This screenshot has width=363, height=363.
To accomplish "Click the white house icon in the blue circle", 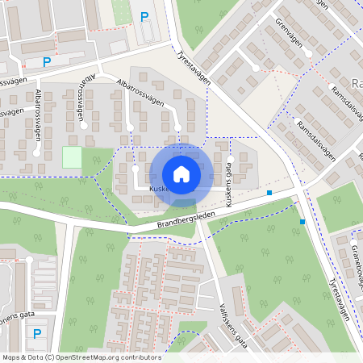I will click(181, 173).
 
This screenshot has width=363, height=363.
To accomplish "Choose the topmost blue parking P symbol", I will click(144, 16).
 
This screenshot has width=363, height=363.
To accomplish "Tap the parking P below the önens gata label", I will click(36, 333).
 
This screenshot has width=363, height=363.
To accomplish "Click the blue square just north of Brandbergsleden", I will click(269, 193).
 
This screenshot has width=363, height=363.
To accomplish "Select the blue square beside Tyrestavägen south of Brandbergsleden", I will click(302, 221).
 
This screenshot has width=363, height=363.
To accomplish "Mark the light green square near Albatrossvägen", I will click(72, 157).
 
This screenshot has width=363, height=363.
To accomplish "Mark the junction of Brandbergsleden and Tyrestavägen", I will click(296, 192).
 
